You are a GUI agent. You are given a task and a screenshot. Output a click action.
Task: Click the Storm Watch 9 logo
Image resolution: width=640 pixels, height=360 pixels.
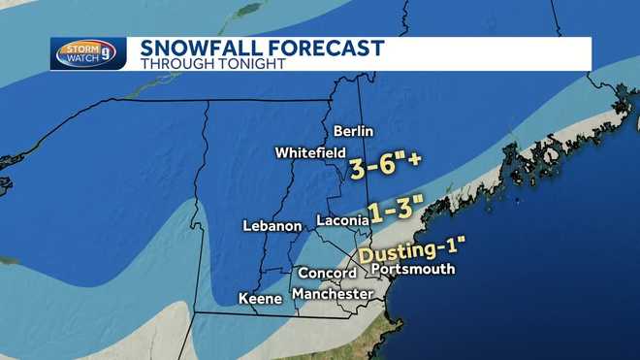coord(88,53)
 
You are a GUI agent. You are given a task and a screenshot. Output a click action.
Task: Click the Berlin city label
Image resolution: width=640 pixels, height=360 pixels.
coord(353,131)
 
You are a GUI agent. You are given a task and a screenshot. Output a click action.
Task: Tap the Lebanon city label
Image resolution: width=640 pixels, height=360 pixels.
coord(272,226)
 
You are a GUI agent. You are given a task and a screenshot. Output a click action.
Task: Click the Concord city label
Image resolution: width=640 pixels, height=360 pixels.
coord(327,274)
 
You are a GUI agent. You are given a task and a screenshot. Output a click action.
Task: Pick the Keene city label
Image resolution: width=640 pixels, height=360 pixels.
coord(258,299)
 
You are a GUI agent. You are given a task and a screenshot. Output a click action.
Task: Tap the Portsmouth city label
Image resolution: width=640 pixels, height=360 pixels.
coord(412,269)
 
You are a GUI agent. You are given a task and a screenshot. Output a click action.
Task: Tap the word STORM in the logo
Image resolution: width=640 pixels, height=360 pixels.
coord(78,48)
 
